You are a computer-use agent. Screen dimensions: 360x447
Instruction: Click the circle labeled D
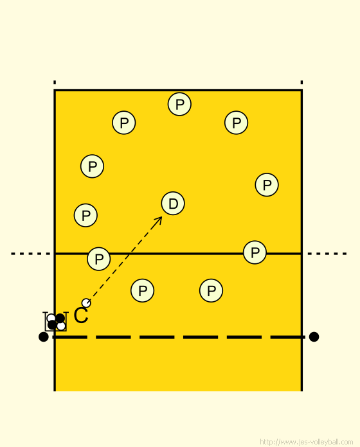[x=173, y=203]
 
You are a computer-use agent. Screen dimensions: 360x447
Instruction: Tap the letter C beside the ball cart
[x=81, y=315]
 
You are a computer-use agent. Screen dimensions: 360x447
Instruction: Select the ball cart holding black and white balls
[x=56, y=322]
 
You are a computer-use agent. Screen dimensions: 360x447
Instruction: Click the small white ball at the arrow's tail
[x=86, y=302]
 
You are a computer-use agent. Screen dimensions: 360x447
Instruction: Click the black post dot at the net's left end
[x=43, y=337]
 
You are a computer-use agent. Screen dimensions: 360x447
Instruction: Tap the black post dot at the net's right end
[x=314, y=337]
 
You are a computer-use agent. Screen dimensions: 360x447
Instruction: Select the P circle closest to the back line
[x=179, y=104]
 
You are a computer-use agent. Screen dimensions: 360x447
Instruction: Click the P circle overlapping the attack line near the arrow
[x=99, y=259]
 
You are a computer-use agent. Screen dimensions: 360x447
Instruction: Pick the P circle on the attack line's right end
[x=255, y=252]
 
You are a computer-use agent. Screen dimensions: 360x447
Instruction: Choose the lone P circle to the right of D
[x=267, y=185]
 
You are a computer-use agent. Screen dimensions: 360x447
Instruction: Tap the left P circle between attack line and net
[x=142, y=290]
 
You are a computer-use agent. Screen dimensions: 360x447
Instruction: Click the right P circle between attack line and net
[x=211, y=290]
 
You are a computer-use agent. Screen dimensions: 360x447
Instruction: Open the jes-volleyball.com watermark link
[x=307, y=442]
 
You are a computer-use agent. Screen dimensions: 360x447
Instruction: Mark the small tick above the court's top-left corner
[x=55, y=82]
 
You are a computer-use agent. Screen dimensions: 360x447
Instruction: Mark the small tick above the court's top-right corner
[x=301, y=82]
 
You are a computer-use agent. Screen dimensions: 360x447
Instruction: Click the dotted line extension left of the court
[x=30, y=254]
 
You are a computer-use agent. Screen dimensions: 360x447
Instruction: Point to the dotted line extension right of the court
[x=327, y=254]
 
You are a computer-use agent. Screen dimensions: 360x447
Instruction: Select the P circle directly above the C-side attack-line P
[x=85, y=215]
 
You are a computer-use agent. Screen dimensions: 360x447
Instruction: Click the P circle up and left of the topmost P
[x=124, y=123]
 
